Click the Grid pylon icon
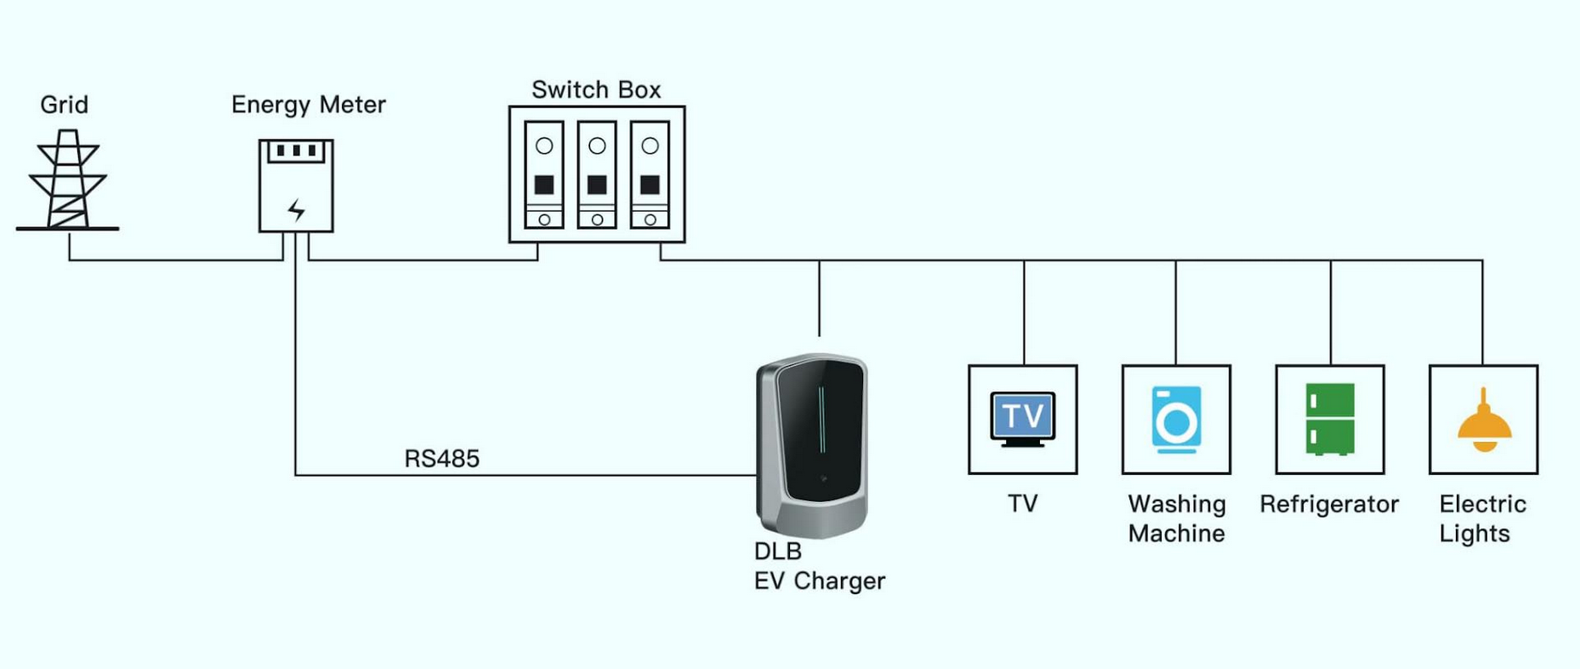(67, 180)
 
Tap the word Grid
(64, 105)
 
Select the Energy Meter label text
(308, 105)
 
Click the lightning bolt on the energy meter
(296, 209)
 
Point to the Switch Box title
(595, 90)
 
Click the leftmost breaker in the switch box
(544, 175)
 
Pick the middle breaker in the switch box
(597, 175)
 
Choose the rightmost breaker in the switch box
(650, 175)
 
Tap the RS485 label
(441, 459)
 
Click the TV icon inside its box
(1022, 418)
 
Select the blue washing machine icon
(1176, 419)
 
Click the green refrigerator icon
(1330, 419)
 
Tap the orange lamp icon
(1484, 421)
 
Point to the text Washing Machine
(1177, 518)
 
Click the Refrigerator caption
(1329, 504)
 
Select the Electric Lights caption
(1481, 518)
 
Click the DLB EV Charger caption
(818, 566)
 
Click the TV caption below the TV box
(1022, 504)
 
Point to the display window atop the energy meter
(296, 152)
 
